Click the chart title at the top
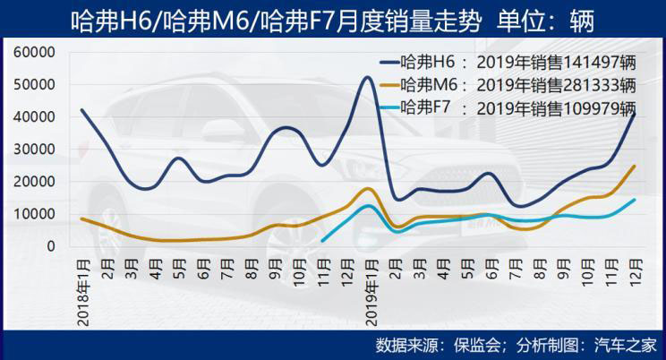point(332,19)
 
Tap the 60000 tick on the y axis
point(37,52)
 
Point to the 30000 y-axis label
point(37,149)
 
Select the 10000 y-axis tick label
point(37,213)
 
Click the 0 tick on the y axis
point(51,245)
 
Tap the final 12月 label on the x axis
point(636,270)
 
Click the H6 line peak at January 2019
point(368,77)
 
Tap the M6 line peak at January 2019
point(368,188)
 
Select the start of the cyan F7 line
point(321,240)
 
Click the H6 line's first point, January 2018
point(81,110)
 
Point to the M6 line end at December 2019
point(635,166)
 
